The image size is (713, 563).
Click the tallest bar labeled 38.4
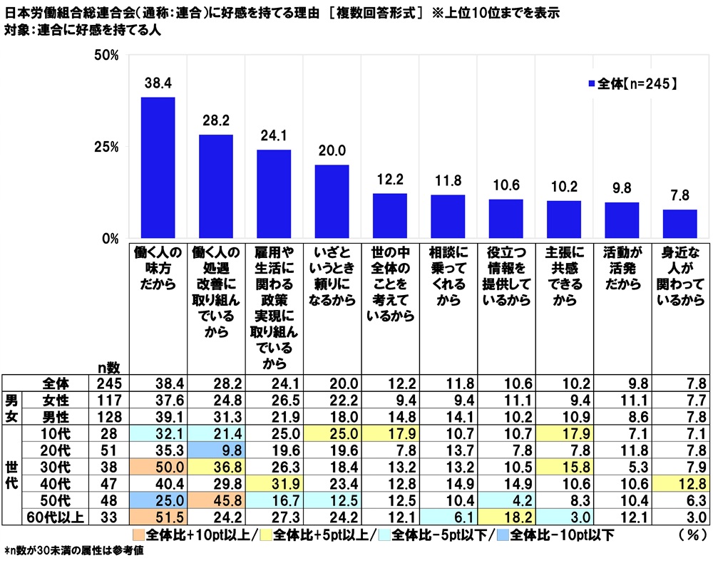click(158, 167)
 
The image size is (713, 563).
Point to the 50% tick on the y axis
click(105, 56)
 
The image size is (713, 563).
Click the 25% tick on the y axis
click(105, 147)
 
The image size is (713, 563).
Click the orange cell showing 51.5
click(158, 515)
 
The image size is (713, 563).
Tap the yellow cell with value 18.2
click(506, 515)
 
